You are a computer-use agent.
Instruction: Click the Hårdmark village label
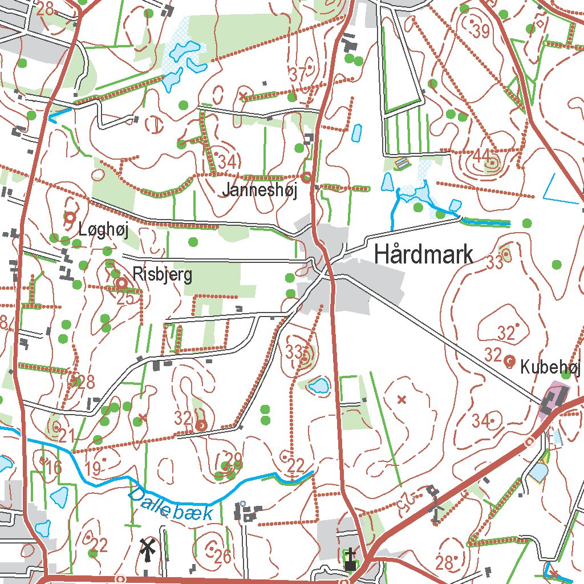point(423,255)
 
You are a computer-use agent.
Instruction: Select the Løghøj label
point(104,231)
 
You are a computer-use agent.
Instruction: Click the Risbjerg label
point(162,274)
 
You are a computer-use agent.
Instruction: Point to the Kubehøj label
point(549,368)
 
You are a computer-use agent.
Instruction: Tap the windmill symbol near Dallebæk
point(148,550)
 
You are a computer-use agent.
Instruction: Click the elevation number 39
point(481,32)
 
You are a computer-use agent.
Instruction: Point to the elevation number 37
point(298,74)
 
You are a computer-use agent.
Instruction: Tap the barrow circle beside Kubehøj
point(510,360)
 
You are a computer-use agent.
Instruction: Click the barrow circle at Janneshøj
point(306,177)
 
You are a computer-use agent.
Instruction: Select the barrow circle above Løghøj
point(70,217)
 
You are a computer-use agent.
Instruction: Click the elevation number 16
point(53,468)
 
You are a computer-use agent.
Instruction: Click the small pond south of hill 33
point(319,387)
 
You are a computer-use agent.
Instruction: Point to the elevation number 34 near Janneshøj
point(227,162)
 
